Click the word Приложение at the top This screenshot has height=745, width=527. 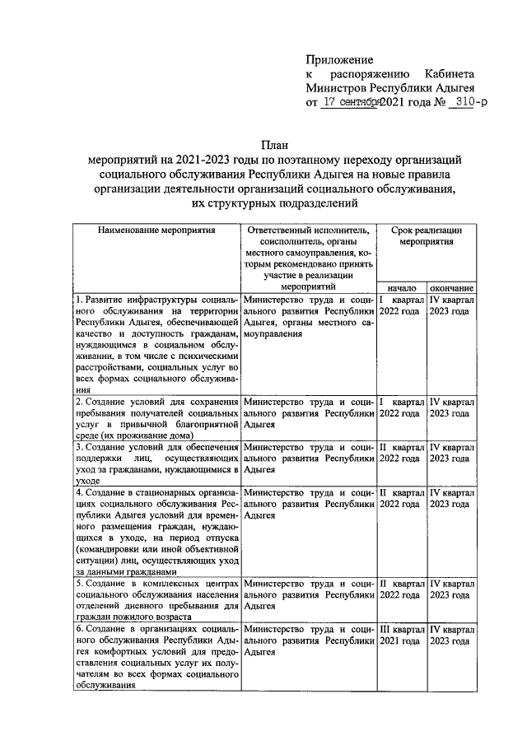338,60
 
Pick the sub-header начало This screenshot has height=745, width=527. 401,288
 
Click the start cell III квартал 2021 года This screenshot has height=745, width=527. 402,635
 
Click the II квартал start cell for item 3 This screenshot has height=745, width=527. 402,452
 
